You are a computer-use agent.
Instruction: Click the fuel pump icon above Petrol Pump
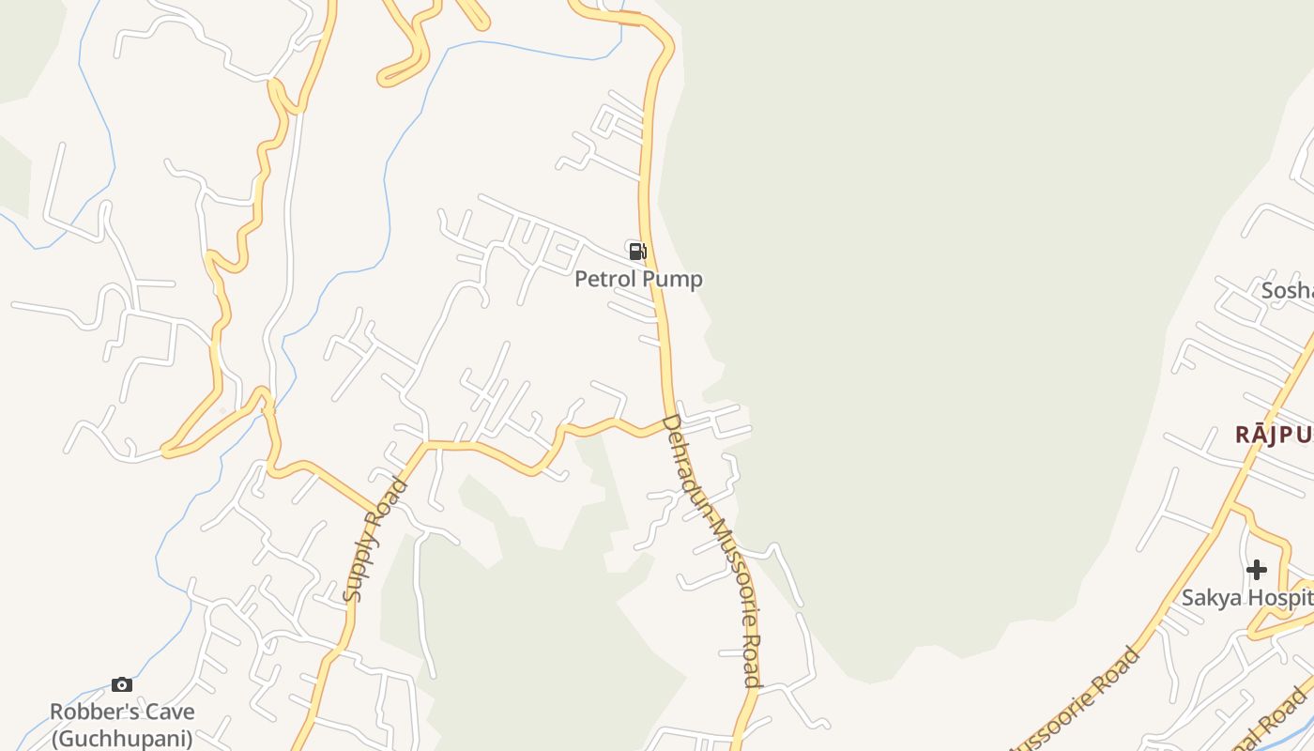tap(637, 251)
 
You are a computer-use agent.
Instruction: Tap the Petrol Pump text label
tap(638, 279)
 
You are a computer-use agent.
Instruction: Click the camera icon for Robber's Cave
tap(122, 684)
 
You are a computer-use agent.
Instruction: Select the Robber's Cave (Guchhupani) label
tap(121, 725)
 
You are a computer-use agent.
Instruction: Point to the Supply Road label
tap(375, 540)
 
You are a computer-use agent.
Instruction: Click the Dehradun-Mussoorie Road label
tap(711, 550)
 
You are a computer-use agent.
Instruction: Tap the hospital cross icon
tap(1256, 570)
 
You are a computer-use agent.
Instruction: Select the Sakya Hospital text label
tap(1246, 597)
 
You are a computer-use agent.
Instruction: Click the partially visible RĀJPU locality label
tap(1273, 435)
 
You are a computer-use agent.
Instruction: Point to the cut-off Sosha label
tap(1287, 291)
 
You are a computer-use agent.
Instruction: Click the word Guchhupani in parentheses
tap(121, 738)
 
